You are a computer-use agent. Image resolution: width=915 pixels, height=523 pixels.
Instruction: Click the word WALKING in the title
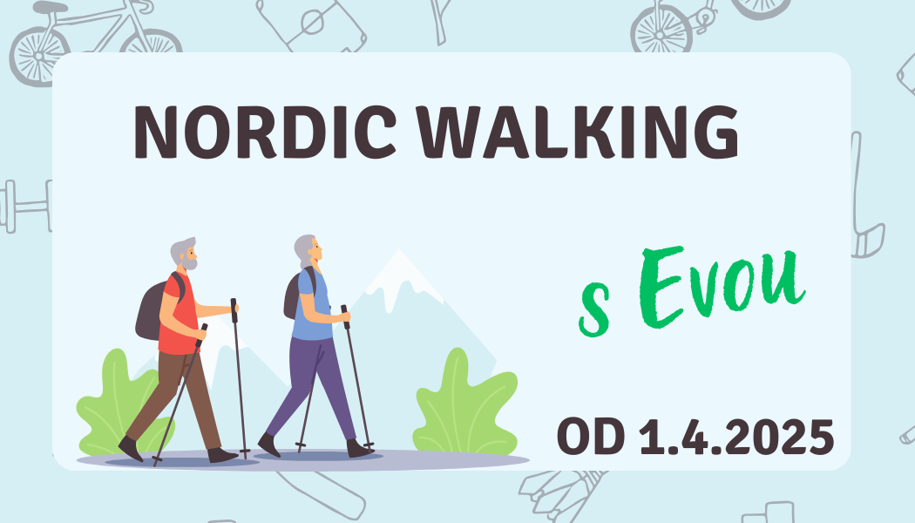tap(579, 132)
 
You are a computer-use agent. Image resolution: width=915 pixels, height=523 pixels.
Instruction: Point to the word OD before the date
tap(591, 437)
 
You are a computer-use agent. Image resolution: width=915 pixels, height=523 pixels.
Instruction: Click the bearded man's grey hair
tap(181, 248)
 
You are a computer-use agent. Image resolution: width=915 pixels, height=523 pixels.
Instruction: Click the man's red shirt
tap(178, 316)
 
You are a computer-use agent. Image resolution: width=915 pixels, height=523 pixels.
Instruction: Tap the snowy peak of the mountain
tap(399, 275)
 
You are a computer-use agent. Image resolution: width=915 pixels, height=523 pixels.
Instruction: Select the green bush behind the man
tap(117, 403)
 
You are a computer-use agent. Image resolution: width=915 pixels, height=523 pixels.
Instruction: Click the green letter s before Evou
tap(594, 309)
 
